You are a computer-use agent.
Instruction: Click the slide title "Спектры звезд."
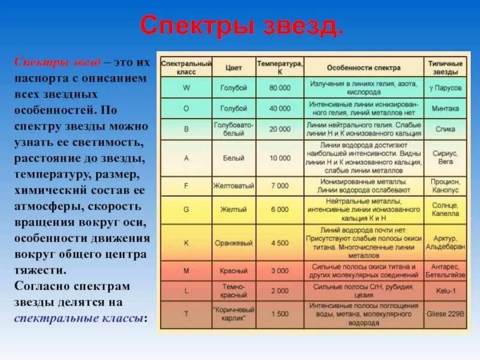point(242,26)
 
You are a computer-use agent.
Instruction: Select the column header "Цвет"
point(234,67)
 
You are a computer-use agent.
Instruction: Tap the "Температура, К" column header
point(280,67)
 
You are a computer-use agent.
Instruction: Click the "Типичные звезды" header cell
point(445,67)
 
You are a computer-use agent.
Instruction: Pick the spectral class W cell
point(186,88)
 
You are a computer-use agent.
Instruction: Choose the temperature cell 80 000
point(280,88)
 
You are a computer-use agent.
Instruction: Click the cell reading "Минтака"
point(445,109)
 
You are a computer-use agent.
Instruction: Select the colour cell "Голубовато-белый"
point(234,129)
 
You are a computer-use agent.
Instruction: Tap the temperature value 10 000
point(280,158)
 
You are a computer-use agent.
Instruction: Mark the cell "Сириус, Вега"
point(445,158)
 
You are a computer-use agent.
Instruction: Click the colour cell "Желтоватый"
point(234,186)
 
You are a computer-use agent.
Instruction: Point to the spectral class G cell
point(186,209)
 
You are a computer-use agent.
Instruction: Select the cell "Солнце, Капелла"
point(445,209)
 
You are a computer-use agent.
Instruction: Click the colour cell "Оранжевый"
point(234,242)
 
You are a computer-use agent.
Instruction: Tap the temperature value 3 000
point(280,271)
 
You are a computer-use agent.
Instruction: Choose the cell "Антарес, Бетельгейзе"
point(445,271)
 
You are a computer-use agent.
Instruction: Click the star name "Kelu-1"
point(445,290)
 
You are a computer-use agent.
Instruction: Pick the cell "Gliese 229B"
point(445,314)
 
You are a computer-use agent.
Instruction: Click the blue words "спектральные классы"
point(78,318)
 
